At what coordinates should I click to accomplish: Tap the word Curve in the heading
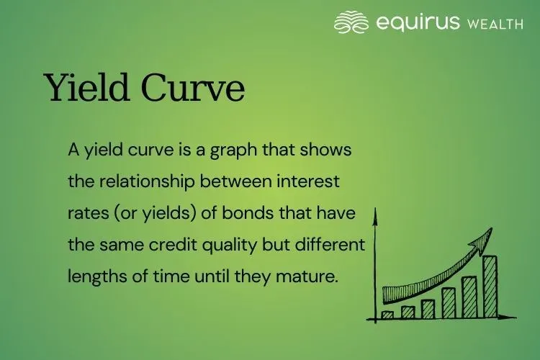coord(193,88)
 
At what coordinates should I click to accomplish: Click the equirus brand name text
coord(417,23)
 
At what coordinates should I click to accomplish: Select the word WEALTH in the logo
coord(495,24)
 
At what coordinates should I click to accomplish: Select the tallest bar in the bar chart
coord(490,287)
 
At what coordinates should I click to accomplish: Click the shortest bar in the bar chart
coord(387,315)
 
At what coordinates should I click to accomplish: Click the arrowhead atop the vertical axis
coord(375,215)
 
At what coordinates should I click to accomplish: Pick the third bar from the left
coord(428,309)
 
